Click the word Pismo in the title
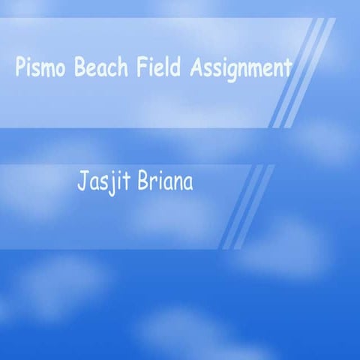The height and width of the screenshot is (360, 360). pyautogui.click(x=34, y=68)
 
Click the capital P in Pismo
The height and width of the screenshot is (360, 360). pyautogui.click(x=19, y=68)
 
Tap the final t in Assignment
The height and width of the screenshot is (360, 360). pyautogui.click(x=287, y=69)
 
